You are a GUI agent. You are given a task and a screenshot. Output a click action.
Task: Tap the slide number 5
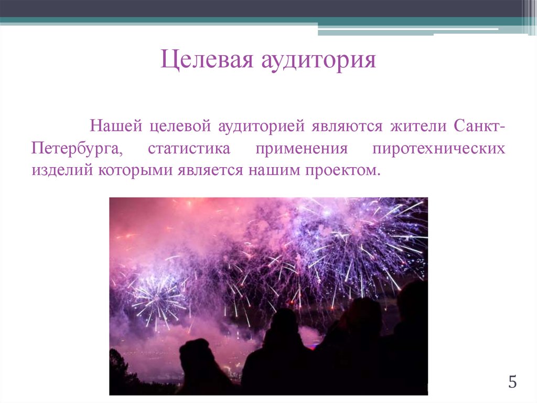coord(512,382)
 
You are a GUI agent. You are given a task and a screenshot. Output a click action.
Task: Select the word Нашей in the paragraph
coord(116,127)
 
